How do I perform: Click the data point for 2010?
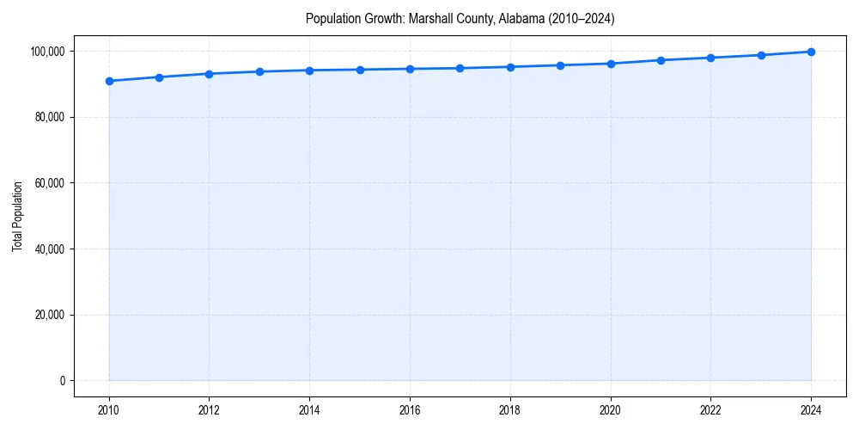tap(109, 81)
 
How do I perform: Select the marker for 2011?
tap(159, 77)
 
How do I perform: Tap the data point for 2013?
tap(259, 71)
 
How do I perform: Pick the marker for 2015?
tap(360, 70)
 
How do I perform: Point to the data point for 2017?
tap(460, 68)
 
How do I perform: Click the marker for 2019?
tap(560, 65)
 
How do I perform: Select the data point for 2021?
tap(661, 60)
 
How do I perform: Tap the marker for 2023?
tap(761, 55)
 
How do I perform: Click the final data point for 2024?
tap(811, 52)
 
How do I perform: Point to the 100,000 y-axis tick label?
tap(47, 52)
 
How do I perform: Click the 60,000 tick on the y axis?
tap(50, 183)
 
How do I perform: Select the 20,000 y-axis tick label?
tap(50, 315)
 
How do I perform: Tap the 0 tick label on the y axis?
tap(62, 381)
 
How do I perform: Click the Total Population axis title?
tap(17, 216)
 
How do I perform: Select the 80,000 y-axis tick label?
tap(50, 117)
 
